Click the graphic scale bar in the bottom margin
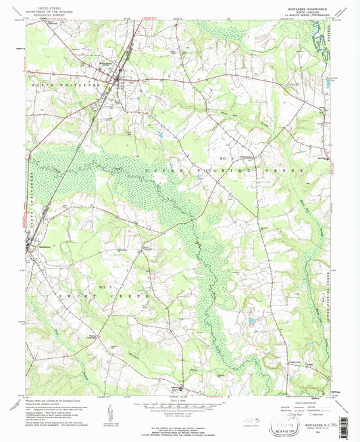click(179, 408)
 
